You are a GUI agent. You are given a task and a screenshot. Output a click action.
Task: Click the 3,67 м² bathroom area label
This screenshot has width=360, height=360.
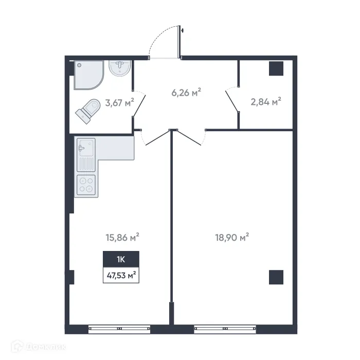[x=119, y=102]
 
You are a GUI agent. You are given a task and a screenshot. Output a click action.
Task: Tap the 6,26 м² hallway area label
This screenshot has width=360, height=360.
[x=186, y=93]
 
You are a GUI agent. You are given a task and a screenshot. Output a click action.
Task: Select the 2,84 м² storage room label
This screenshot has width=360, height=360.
[x=265, y=102]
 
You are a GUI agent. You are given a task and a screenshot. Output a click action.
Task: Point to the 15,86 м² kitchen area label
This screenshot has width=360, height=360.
[x=122, y=238]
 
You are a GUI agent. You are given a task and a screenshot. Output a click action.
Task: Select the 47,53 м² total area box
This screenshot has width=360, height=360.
[x=121, y=276]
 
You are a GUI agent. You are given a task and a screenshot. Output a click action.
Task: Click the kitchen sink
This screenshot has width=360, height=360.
[x=85, y=149]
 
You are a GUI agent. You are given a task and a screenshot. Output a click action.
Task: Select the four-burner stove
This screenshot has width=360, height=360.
[x=86, y=185]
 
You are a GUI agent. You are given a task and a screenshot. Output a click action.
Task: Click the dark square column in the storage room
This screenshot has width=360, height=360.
[x=276, y=68]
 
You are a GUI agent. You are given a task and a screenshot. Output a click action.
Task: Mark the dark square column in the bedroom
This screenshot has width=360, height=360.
[x=276, y=277]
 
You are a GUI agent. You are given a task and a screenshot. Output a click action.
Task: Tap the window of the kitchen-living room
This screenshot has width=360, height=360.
[x=119, y=327]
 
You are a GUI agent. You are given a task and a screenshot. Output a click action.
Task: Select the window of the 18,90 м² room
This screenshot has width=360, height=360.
[x=225, y=327]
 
